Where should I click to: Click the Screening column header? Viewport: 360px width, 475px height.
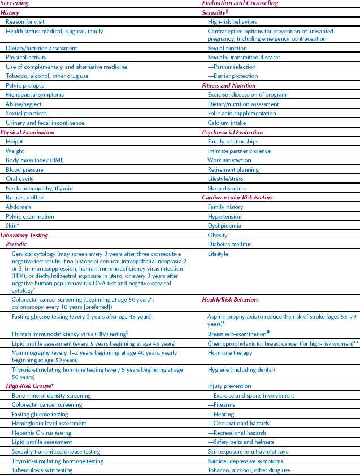(x=15, y=3)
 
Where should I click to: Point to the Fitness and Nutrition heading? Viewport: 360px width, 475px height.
(x=229, y=85)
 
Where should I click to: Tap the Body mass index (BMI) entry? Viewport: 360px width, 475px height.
(x=35, y=160)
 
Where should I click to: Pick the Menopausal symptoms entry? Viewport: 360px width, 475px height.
(x=34, y=95)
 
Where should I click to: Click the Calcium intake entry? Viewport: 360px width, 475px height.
(x=226, y=123)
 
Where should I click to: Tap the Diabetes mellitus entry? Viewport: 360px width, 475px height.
(x=229, y=245)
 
